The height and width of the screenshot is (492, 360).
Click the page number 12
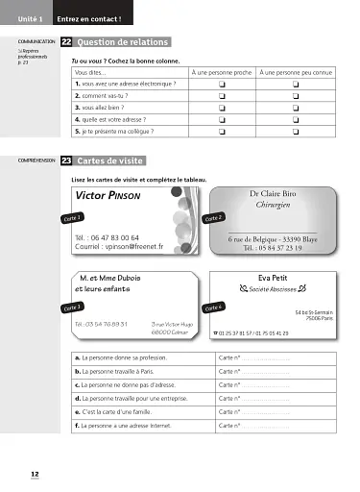coord(34,474)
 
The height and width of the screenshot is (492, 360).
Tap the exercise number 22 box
coord(65,42)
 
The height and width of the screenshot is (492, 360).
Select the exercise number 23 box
coord(65,161)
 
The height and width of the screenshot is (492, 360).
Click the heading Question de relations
coord(122,42)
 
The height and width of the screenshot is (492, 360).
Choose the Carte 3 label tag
coord(73,307)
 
